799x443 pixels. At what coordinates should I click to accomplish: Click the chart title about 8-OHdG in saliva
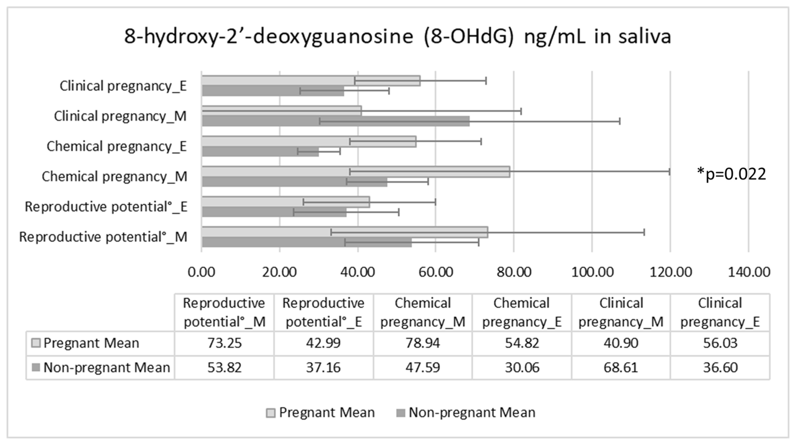[x=398, y=37]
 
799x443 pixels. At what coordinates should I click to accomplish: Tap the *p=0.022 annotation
[x=731, y=174]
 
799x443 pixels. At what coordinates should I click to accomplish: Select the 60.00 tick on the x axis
[x=436, y=272]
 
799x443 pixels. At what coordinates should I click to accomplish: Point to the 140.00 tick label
[x=749, y=272]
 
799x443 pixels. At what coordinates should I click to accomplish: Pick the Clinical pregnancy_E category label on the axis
[x=123, y=86]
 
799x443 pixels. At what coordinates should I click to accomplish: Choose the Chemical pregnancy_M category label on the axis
[x=114, y=176]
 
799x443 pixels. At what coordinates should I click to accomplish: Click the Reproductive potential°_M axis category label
[x=103, y=237]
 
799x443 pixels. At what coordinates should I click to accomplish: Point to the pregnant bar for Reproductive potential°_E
[x=285, y=202]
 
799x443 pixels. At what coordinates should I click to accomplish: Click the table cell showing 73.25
[x=224, y=343]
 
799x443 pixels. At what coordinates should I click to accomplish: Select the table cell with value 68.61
[x=621, y=368]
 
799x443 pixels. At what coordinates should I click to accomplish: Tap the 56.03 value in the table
[x=720, y=343]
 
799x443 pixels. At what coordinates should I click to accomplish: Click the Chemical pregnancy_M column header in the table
[x=423, y=312]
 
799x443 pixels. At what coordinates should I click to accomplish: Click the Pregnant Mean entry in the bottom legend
[x=321, y=413]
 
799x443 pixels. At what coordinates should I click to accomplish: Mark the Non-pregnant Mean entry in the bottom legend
[x=466, y=413]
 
